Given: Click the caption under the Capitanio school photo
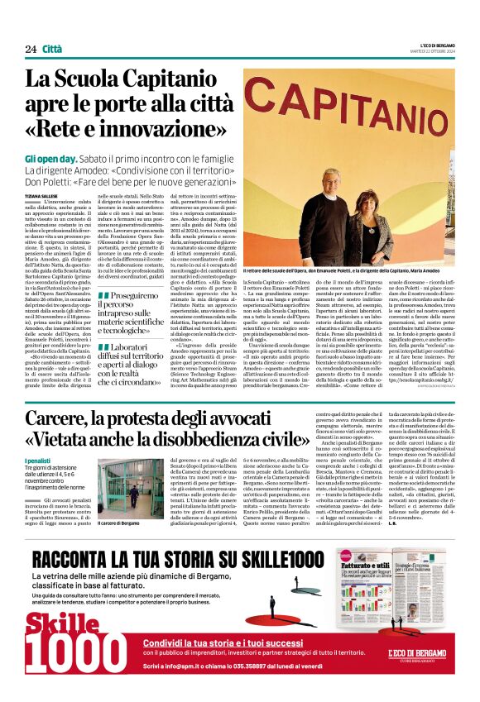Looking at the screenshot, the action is (347, 271).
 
